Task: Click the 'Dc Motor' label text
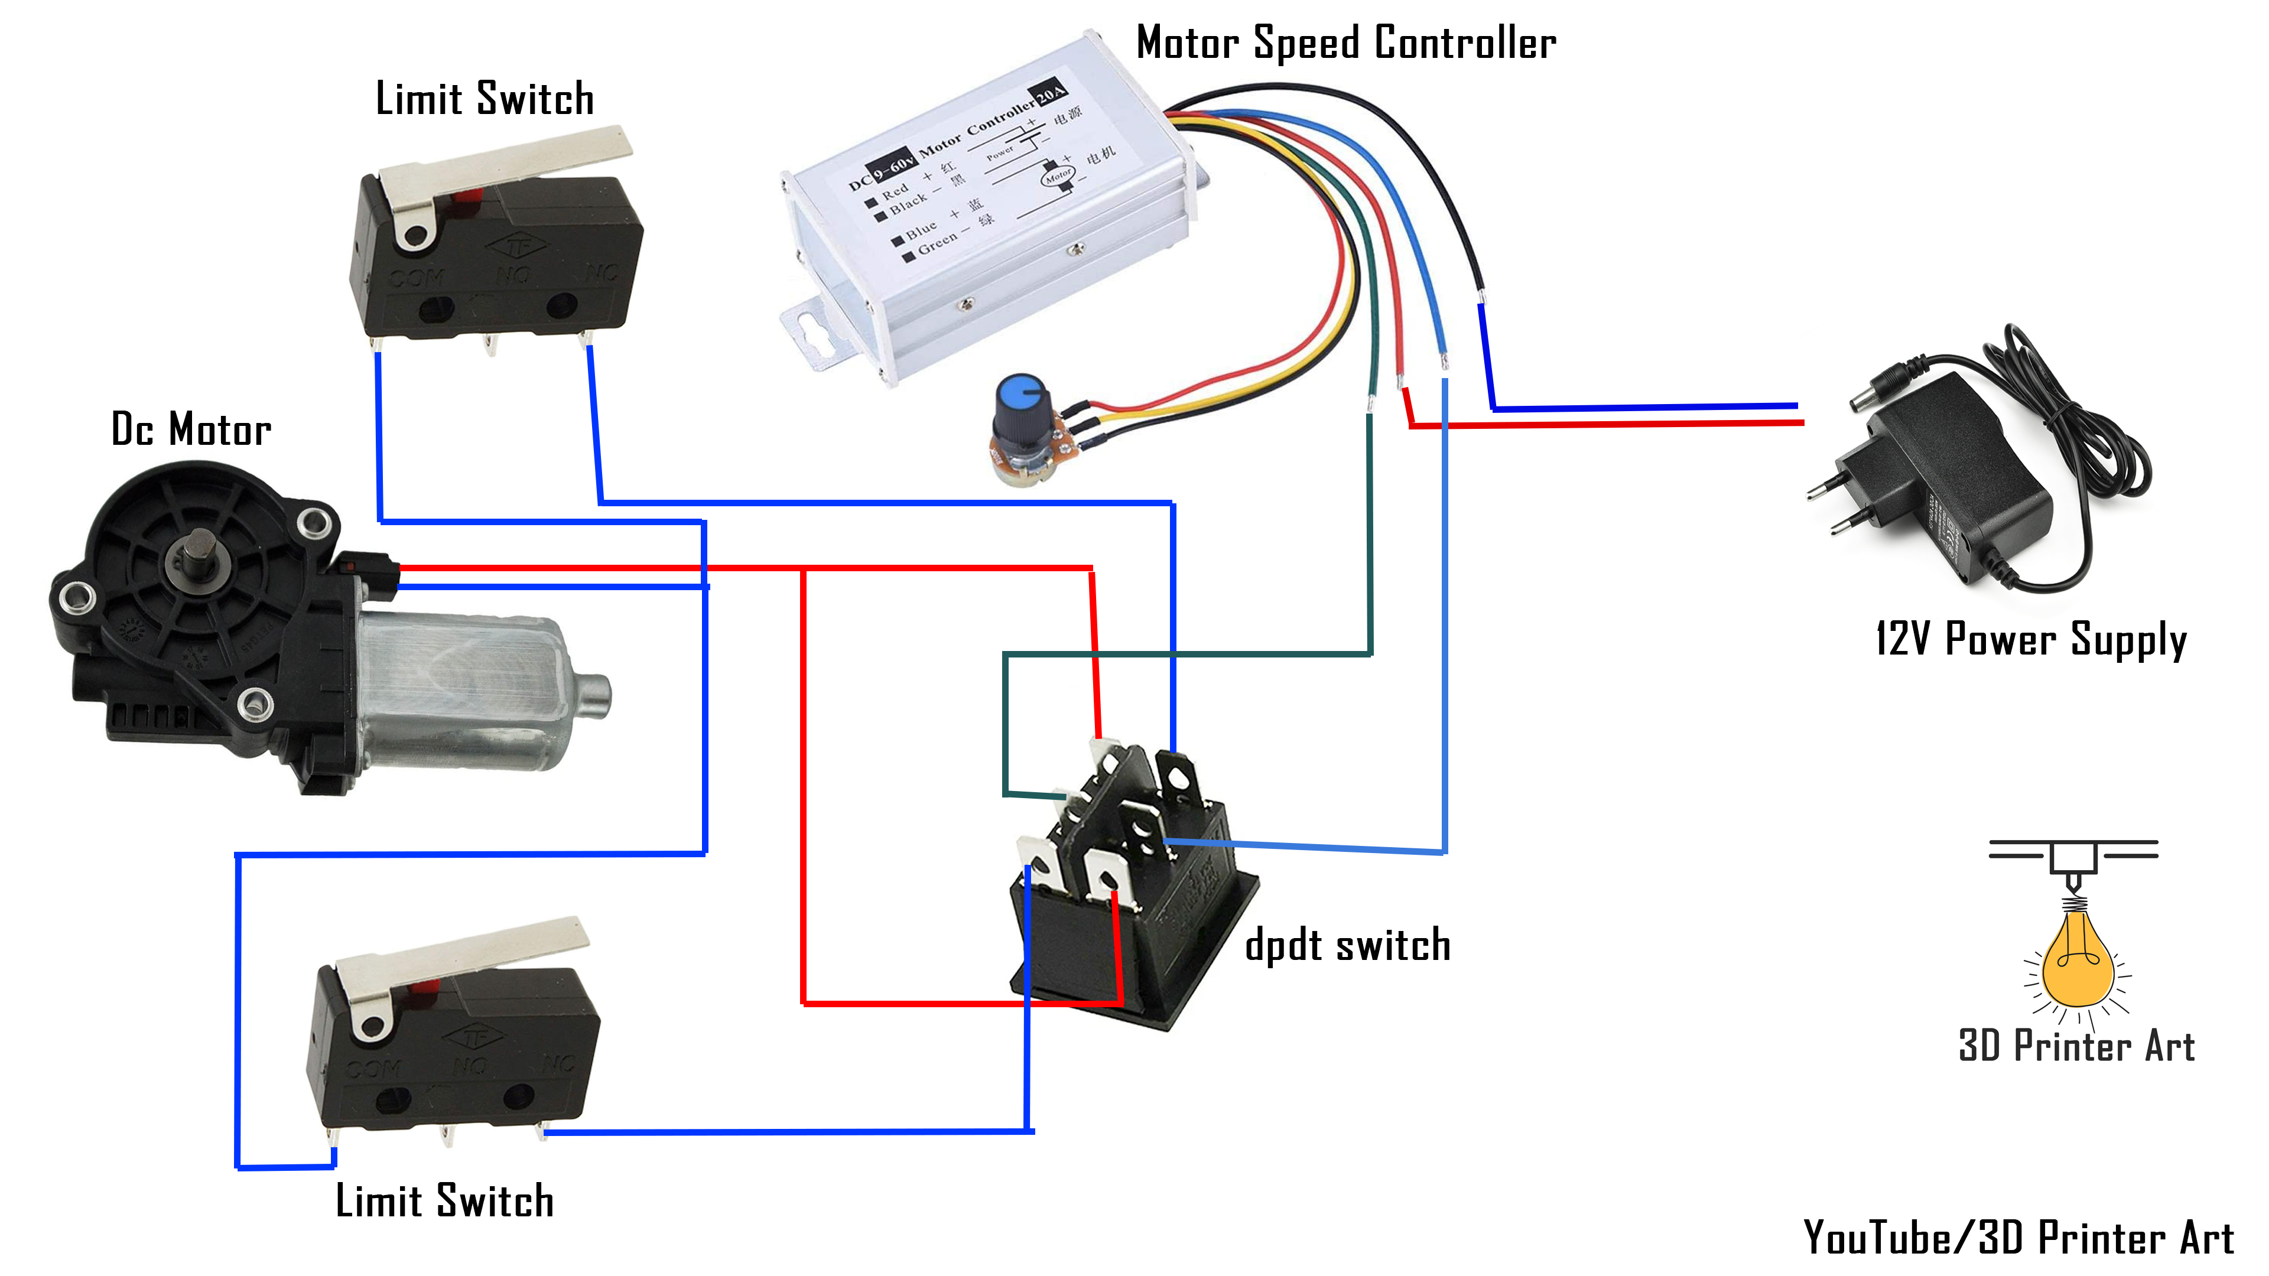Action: (191, 429)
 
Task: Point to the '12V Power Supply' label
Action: (2030, 639)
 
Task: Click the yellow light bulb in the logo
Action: (2077, 962)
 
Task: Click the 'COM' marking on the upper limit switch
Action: (417, 278)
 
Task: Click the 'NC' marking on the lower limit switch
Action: (558, 1064)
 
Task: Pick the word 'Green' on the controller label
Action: (937, 242)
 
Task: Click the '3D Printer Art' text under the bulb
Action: (2076, 1046)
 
